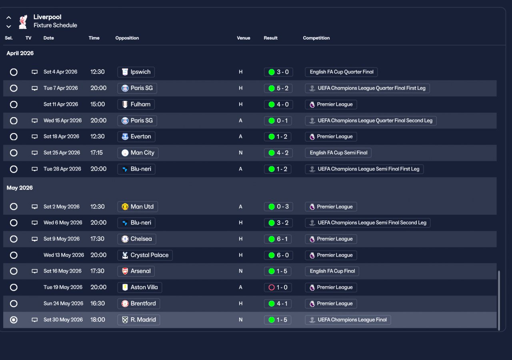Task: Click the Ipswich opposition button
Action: click(x=136, y=72)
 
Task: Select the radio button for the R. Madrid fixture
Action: click(x=14, y=320)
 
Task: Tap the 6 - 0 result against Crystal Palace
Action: click(x=278, y=255)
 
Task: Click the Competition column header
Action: click(x=316, y=38)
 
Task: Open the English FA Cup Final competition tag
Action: click(x=332, y=271)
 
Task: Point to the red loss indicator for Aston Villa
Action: click(x=271, y=287)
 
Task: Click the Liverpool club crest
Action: click(x=23, y=22)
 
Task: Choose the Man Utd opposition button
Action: click(x=137, y=207)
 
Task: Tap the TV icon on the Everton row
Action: click(x=34, y=137)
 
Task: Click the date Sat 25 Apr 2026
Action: click(x=62, y=153)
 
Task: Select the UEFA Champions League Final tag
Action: click(x=348, y=320)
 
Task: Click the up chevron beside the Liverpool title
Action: click(x=9, y=17)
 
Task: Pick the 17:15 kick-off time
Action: click(x=96, y=153)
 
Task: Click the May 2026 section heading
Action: click(x=20, y=188)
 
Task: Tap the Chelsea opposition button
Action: click(x=137, y=239)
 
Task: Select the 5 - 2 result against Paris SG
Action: click(x=278, y=88)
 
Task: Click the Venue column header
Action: click(x=244, y=38)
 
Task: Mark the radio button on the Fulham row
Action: click(x=14, y=104)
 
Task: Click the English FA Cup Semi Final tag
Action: click(x=338, y=153)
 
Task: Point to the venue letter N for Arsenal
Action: click(x=240, y=271)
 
